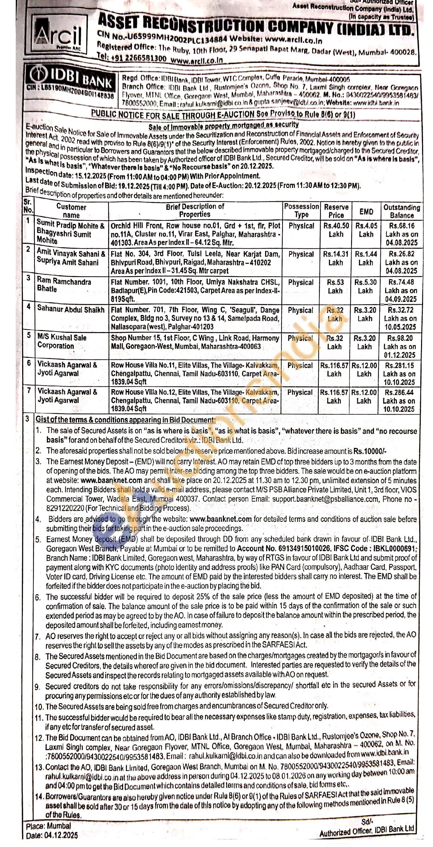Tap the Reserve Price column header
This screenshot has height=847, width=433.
pyautogui.click(x=336, y=211)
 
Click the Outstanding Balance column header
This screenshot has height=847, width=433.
pyautogui.click(x=401, y=211)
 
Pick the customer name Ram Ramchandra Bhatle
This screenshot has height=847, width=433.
pyautogui.click(x=64, y=285)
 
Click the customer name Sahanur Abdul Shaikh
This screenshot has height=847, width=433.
pyautogui.click(x=71, y=309)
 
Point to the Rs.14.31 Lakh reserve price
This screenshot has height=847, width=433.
pyautogui.click(x=335, y=258)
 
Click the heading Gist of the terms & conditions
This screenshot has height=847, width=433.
pyautogui.click(x=125, y=420)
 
